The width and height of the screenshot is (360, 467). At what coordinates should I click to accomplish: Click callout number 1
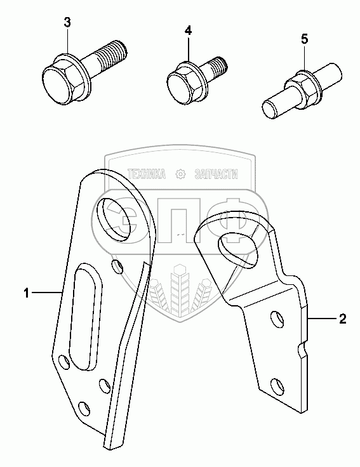[27, 293]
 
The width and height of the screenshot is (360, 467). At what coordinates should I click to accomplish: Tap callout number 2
[343, 319]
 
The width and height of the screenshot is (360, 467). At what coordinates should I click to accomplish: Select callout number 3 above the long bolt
[67, 22]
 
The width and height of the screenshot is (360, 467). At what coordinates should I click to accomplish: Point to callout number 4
[188, 30]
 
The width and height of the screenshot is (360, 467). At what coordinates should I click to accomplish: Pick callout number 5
[304, 39]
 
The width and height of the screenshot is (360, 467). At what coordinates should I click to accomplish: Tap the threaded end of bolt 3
[113, 55]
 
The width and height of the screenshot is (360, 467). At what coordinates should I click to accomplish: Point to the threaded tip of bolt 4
[220, 66]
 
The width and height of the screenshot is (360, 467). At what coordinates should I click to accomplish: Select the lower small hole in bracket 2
[277, 386]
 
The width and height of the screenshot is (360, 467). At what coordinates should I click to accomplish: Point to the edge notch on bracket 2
[302, 349]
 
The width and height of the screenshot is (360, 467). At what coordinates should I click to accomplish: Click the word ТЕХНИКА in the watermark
[146, 174]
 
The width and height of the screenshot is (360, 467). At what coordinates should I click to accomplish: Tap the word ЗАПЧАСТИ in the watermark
[216, 174]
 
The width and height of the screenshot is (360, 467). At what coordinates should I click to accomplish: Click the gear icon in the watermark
[180, 174]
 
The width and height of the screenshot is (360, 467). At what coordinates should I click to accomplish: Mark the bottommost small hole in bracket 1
[84, 409]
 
